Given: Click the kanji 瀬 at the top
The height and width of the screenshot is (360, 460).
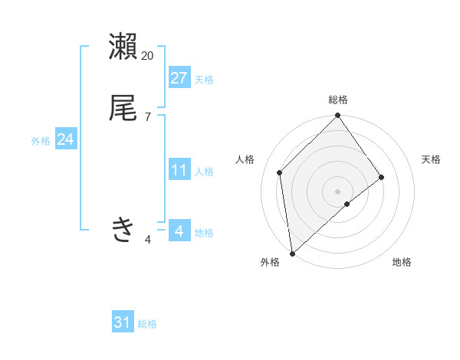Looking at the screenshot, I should coord(123,47).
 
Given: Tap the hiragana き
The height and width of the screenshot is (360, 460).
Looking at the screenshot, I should coord(123,229).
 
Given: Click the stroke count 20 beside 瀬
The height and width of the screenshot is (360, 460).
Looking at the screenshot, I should coord(148,56).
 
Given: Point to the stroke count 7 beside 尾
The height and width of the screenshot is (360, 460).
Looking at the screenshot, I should coord(148,117).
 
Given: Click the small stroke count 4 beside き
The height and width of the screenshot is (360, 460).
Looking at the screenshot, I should coord(148,240).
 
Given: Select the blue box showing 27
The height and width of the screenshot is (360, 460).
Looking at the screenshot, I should coord(179,78).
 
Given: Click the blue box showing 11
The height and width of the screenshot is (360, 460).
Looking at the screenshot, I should coord(179,170).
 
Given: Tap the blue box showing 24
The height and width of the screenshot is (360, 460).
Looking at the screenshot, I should coord(66,139).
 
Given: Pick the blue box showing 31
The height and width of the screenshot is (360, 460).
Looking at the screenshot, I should coord(123,322).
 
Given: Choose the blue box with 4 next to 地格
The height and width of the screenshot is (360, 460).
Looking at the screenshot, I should coord(179,231).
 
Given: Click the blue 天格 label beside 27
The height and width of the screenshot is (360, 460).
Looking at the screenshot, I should coord(204,80).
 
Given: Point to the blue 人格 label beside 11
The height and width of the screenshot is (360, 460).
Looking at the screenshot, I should coord(204,172).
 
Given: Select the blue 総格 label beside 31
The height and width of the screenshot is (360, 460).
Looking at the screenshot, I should coord(147,324).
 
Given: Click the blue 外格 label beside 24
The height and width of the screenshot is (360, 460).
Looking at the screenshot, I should coord(41,141).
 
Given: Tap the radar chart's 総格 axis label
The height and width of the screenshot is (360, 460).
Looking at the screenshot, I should coord(338,100).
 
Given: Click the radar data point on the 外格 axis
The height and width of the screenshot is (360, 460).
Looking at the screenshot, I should coord(292,254).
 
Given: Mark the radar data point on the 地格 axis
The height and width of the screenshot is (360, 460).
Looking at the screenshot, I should coord(347,204).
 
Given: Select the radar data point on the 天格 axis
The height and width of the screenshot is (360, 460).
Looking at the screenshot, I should coord(382,177).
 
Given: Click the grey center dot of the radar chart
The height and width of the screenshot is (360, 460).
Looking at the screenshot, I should coord(338,191).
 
